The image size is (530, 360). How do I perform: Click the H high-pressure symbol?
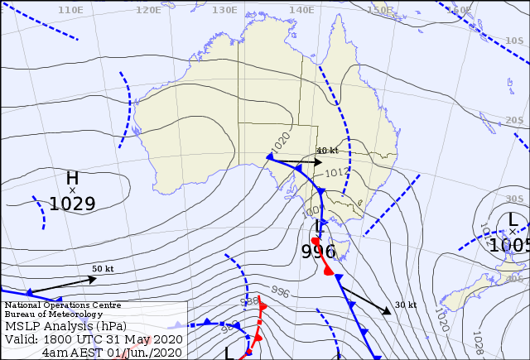click(x=72, y=178)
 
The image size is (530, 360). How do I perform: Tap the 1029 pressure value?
click(x=72, y=204)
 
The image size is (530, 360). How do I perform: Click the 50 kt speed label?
click(x=103, y=269)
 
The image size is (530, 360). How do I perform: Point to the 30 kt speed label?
click(x=405, y=305)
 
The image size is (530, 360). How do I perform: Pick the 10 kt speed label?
click(x=328, y=151)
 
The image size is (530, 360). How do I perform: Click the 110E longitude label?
click(x=71, y=10)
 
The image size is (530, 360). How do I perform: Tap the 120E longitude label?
click(x=148, y=10)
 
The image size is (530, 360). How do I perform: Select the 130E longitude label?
click(x=224, y=10)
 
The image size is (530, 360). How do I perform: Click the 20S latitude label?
click(x=514, y=121)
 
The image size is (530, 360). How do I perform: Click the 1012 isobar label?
click(x=336, y=173)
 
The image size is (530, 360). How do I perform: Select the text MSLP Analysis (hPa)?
click(x=67, y=325)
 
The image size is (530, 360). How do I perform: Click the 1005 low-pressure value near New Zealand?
click(x=508, y=245)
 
